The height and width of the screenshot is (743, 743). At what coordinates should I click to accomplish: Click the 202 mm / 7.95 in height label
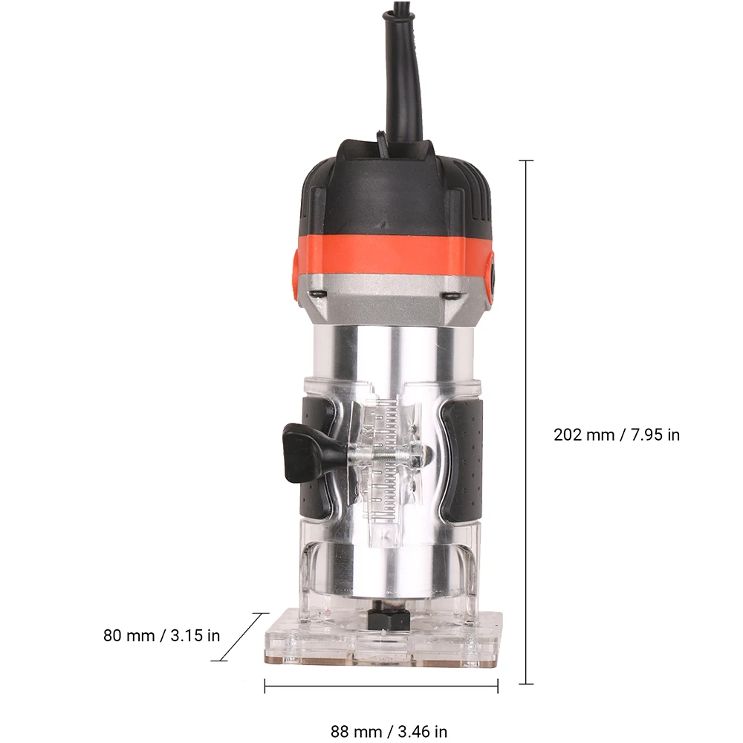click(617, 435)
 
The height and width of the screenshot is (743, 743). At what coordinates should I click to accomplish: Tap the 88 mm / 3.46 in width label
click(389, 731)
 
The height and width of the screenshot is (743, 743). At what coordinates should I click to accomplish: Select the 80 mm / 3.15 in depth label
click(161, 635)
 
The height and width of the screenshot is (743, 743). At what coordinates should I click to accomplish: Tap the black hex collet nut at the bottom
click(388, 618)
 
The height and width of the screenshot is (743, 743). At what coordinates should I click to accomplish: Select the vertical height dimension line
click(526, 422)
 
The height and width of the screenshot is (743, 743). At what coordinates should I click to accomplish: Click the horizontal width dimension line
click(381, 686)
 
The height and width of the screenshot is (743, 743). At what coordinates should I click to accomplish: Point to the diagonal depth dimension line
click(241, 637)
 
